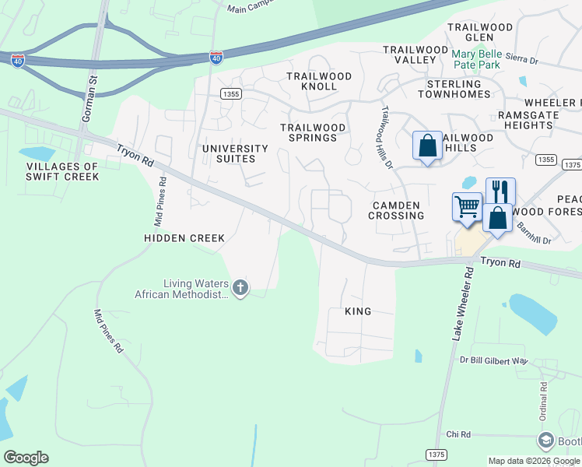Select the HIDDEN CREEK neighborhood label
(x=184, y=238)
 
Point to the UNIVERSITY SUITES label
(x=235, y=153)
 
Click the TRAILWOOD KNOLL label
(x=319, y=76)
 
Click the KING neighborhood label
(x=358, y=311)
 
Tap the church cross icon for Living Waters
(x=240, y=289)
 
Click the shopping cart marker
(x=467, y=208)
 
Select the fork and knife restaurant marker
(x=500, y=191)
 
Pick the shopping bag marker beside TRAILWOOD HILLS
(x=427, y=146)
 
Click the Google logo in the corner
(x=26, y=458)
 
